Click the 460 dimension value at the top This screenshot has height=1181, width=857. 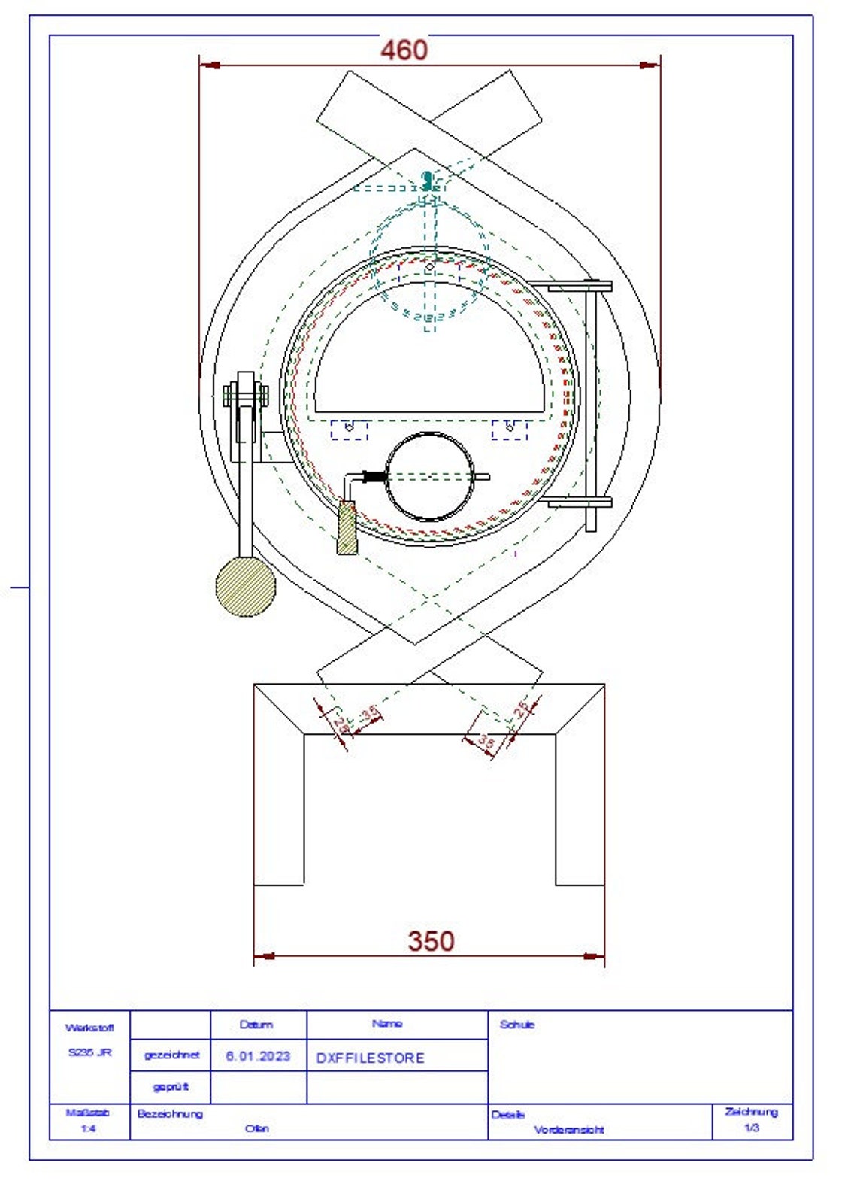click(404, 50)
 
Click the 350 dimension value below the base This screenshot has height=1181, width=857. click(431, 940)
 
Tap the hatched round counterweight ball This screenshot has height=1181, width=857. click(245, 587)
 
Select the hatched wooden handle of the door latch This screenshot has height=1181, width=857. click(347, 528)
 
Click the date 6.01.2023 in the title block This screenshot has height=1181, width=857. click(258, 1056)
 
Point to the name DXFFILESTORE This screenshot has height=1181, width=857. click(370, 1058)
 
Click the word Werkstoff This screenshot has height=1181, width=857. click(89, 1028)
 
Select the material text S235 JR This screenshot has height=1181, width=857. click(89, 1052)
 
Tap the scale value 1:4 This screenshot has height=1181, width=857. click(88, 1128)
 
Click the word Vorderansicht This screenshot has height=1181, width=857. click(569, 1129)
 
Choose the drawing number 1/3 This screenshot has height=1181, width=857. click(751, 1128)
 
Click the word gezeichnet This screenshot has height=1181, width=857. click(171, 1055)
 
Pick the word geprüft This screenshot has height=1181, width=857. click(171, 1087)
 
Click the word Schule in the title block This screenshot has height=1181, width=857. click(517, 1025)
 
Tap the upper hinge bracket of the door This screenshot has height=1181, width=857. click(579, 287)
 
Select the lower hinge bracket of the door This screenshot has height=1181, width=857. click(579, 502)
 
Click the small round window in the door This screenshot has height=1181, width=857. click(429, 476)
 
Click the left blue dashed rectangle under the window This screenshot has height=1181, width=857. click(350, 430)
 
